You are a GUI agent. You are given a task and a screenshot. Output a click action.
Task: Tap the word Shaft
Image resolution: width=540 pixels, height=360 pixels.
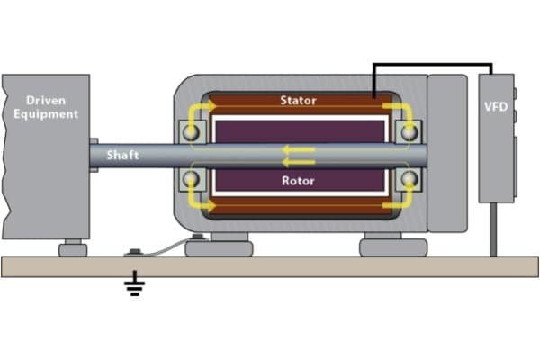tap(123, 155)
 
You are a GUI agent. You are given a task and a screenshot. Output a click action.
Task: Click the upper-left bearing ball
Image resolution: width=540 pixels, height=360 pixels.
tap(192, 132)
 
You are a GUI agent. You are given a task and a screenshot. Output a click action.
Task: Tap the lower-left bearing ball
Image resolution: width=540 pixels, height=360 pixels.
tap(192, 179)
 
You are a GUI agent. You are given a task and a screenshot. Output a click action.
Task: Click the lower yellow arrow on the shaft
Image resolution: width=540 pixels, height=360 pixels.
tap(297, 162)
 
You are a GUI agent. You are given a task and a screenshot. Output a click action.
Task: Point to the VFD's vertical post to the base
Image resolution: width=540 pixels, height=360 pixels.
tap(494, 229)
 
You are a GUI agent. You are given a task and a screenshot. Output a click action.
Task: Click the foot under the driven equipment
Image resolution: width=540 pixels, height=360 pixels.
tap(71, 247)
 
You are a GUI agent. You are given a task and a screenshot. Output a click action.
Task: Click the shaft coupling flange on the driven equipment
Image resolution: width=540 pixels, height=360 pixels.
tap(94, 155)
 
